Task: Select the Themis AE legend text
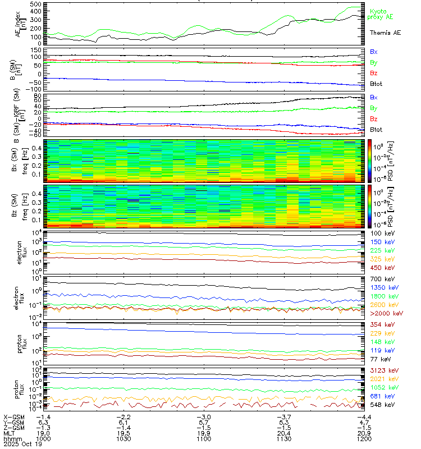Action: [385, 33]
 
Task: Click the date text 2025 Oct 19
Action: [20, 444]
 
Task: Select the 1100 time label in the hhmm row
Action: [203, 438]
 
